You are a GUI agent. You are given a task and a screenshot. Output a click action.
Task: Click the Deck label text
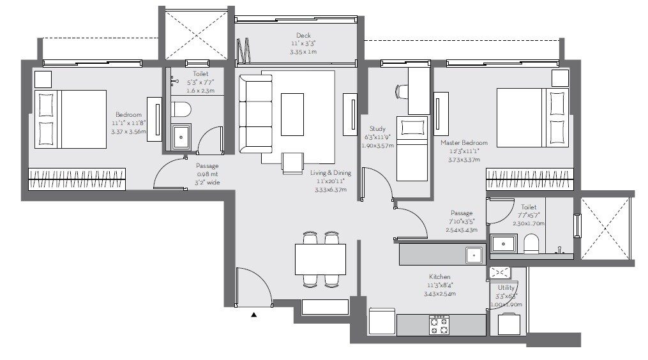(x=303, y=35)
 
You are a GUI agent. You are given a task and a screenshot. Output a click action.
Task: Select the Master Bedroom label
(x=463, y=143)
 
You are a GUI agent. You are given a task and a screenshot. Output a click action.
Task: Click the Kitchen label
(x=439, y=277)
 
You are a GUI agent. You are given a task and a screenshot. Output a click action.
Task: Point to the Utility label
(x=506, y=288)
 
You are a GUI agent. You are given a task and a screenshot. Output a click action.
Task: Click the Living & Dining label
(x=328, y=173)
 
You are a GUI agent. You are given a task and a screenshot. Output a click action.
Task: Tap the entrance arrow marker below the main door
(x=254, y=314)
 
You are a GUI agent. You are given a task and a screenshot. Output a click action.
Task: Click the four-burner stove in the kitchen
(x=439, y=325)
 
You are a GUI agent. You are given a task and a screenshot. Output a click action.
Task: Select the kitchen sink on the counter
(x=474, y=255)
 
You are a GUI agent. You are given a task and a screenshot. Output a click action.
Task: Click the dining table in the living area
(x=320, y=259)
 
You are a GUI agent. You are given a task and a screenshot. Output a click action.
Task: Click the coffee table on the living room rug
(x=292, y=114)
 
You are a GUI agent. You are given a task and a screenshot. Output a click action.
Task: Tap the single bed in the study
(x=412, y=148)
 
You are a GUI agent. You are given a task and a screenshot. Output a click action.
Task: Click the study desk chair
(x=402, y=91)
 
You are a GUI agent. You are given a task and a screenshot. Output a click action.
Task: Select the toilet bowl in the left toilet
(x=182, y=110)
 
